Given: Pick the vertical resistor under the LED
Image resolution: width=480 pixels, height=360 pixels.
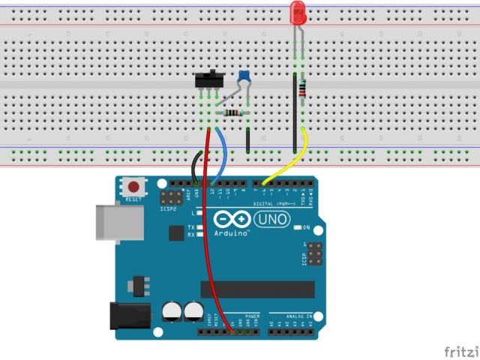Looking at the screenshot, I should click(301, 88).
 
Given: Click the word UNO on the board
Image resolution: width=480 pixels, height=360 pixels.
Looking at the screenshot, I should click(271, 219).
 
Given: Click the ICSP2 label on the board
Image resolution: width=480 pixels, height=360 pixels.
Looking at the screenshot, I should click(167, 210).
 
